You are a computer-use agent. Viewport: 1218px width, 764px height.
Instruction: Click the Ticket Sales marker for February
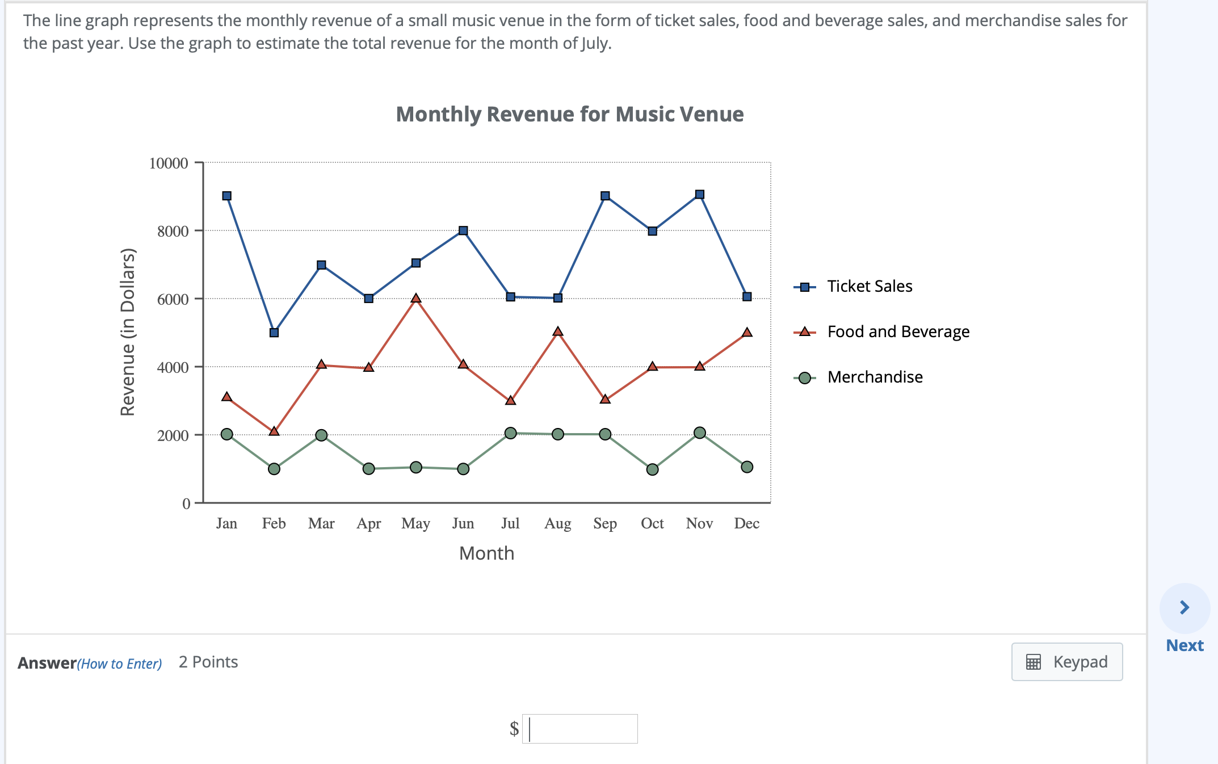tap(274, 333)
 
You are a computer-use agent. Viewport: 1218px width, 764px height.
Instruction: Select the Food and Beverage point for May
tap(416, 299)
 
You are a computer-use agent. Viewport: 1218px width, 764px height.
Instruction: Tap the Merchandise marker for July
tap(510, 433)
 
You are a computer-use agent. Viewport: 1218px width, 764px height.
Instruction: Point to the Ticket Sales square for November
tap(700, 195)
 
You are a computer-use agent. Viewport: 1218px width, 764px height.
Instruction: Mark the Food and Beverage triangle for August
tap(558, 331)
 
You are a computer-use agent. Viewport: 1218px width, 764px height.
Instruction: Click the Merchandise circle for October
tap(653, 469)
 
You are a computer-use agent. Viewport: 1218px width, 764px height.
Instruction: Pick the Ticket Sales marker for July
tap(510, 297)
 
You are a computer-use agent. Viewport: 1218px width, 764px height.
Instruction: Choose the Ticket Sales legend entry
tap(869, 287)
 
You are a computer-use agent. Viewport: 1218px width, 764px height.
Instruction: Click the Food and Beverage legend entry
tap(897, 332)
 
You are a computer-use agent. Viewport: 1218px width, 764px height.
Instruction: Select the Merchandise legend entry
tap(874, 377)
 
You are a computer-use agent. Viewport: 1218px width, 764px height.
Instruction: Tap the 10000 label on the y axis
tap(169, 163)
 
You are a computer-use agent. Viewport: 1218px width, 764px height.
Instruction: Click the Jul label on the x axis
tap(510, 523)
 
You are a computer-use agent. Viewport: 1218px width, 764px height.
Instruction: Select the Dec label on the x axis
tap(746, 523)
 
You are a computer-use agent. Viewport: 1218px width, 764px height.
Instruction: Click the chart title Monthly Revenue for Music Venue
tap(569, 114)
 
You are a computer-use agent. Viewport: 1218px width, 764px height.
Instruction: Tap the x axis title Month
tap(486, 553)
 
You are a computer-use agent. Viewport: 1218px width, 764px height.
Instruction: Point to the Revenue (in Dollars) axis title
tap(128, 332)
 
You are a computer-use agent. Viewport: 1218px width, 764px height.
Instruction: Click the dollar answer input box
tap(579, 729)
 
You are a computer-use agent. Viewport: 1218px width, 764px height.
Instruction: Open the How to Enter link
tap(120, 664)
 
